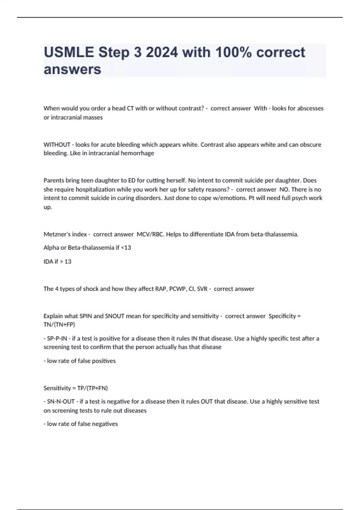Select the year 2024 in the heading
(x=162, y=52)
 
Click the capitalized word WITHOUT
(x=57, y=145)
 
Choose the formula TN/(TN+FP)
(x=59, y=325)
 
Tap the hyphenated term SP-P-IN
(x=57, y=339)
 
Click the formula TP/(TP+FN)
(x=92, y=388)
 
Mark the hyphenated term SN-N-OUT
(x=61, y=402)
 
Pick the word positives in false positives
(x=103, y=361)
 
